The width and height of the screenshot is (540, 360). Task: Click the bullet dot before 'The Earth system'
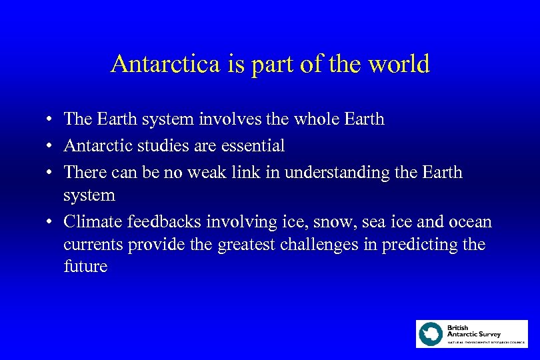click(x=51, y=120)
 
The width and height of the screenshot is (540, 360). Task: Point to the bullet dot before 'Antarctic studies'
click(x=51, y=146)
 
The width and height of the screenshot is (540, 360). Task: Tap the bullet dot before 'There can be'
click(x=51, y=173)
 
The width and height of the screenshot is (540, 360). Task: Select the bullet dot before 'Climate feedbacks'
click(x=51, y=223)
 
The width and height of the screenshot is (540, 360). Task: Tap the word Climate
click(x=93, y=222)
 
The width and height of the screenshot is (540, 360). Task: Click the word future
click(x=85, y=267)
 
